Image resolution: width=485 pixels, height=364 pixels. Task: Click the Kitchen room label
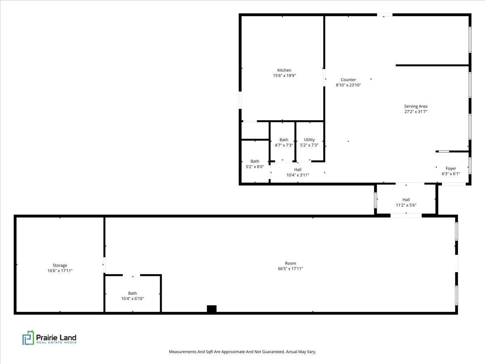(x=284, y=70)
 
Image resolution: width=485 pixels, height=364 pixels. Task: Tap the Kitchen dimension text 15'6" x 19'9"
(x=284, y=76)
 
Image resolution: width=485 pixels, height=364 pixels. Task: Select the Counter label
(x=348, y=80)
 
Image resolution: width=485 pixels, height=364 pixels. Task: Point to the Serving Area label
(x=415, y=106)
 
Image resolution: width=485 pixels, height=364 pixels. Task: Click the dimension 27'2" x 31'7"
(x=415, y=112)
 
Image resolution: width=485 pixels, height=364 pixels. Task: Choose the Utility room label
(x=309, y=140)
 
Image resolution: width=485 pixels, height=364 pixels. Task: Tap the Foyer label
(x=451, y=168)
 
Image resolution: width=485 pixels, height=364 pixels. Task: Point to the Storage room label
(x=60, y=265)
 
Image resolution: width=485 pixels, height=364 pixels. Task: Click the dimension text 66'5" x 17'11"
(x=290, y=269)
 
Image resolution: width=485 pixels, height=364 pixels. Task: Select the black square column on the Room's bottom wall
(x=212, y=309)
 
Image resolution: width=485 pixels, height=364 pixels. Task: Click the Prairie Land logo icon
(x=28, y=337)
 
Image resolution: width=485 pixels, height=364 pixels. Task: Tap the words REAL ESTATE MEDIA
(x=56, y=343)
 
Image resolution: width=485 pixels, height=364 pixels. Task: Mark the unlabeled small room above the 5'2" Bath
(x=255, y=130)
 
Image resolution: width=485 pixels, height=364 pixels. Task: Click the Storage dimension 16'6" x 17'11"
(x=60, y=271)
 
